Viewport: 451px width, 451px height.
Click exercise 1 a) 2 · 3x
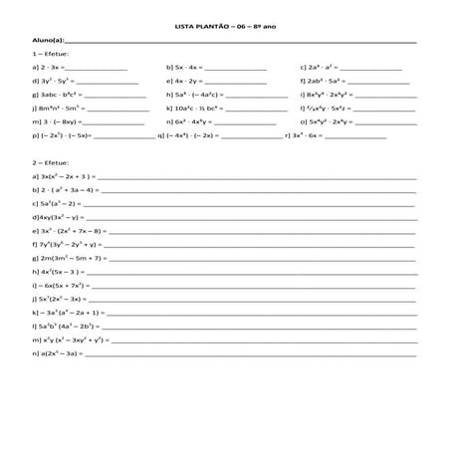[x=49, y=70]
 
